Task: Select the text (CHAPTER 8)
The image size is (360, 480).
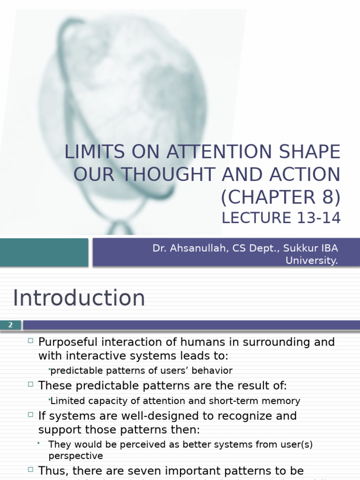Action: [x=280, y=197]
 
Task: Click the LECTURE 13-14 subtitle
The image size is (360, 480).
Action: [x=281, y=218]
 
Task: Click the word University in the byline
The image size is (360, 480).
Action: [x=311, y=261]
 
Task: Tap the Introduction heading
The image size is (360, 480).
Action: [x=79, y=298]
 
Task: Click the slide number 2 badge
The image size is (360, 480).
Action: [x=10, y=325]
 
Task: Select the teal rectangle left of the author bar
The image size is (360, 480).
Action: [x=44, y=252]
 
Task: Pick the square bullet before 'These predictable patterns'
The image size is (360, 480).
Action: [x=30, y=384]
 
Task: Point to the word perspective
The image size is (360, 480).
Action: [x=75, y=456]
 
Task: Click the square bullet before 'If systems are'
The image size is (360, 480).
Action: [x=30, y=414]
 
